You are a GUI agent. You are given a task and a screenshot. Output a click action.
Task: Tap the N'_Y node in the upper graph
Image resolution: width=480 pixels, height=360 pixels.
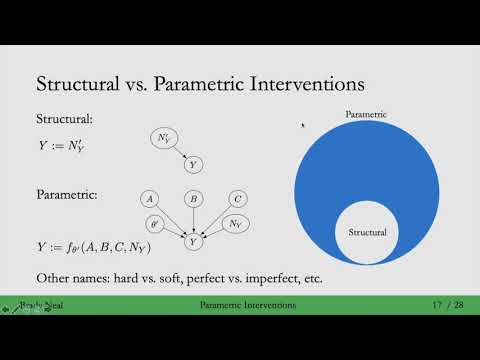click(166, 138)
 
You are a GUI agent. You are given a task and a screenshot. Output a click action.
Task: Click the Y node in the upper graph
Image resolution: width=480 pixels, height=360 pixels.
click(193, 163)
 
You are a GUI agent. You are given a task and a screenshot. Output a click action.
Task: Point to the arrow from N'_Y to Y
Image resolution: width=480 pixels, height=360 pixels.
click(181, 152)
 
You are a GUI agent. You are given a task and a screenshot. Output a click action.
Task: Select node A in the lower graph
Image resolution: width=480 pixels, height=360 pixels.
click(149, 199)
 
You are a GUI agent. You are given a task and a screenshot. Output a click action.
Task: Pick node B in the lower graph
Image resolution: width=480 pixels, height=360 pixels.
click(193, 199)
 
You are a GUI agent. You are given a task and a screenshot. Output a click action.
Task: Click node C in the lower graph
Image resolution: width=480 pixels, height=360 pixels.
click(237, 199)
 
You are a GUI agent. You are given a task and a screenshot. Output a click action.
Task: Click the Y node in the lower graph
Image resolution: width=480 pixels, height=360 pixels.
click(193, 241)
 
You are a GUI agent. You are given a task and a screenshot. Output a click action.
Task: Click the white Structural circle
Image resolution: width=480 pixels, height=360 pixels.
click(366, 232)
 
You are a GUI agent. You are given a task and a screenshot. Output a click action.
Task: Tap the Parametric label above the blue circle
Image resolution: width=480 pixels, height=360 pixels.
click(366, 115)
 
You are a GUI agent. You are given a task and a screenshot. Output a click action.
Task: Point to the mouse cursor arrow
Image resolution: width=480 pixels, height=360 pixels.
click(304, 126)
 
